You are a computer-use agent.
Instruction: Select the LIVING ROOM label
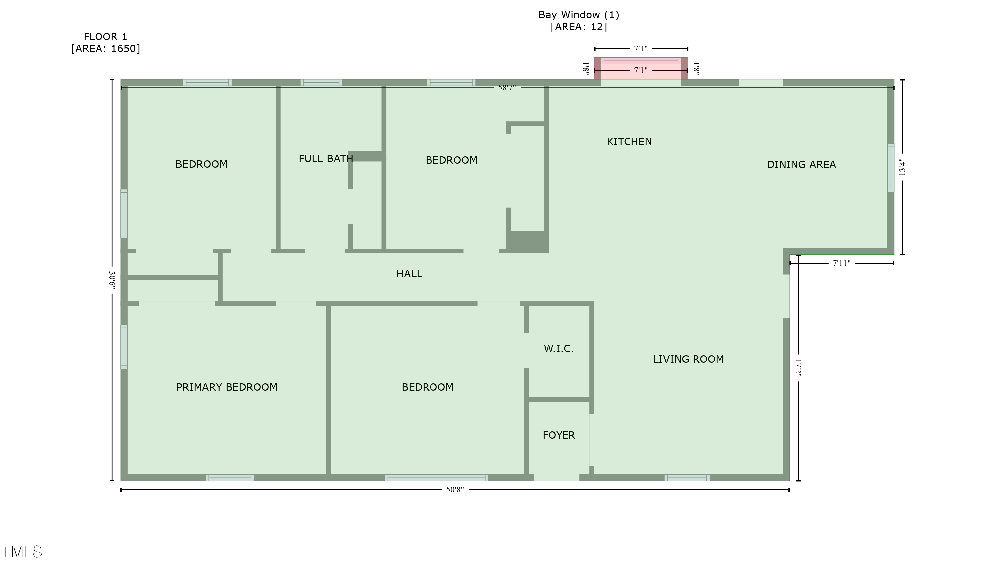tap(688, 359)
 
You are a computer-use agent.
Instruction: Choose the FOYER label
tap(559, 435)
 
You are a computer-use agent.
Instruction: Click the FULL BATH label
tap(326, 158)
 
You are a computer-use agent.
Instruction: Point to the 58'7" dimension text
tap(507, 88)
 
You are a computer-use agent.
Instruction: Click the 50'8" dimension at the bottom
tap(455, 490)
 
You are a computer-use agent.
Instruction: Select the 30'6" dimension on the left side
tap(112, 280)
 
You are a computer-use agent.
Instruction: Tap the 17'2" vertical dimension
tap(798, 368)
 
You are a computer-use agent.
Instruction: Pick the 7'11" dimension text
tap(841, 263)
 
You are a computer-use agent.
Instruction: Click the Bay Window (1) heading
tap(578, 15)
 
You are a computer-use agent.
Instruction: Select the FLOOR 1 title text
tap(105, 37)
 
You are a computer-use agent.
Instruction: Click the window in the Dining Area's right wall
tap(891, 168)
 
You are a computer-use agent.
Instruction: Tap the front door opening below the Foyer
tap(556, 478)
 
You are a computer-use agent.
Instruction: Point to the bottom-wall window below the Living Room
tap(687, 478)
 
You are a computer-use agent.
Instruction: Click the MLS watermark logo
tap(22, 552)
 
